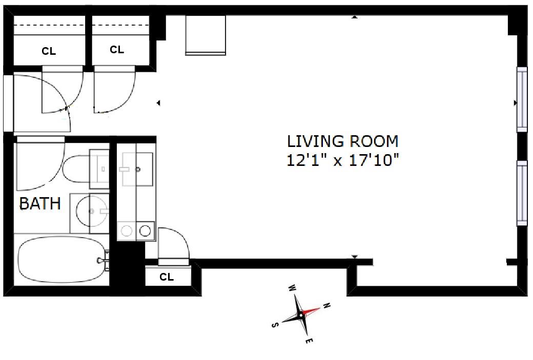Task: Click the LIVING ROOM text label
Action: pos(342,141)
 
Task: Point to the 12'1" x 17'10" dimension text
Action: pos(342,160)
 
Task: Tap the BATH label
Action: pos(40,204)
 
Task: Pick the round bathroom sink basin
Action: pos(92,211)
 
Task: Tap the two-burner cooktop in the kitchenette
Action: pos(136,230)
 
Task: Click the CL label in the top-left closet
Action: pos(49,51)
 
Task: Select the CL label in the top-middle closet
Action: pos(117,50)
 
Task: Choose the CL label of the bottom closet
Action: pos(167,277)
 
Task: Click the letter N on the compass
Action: pos(326,307)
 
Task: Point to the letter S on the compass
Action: pos(275,325)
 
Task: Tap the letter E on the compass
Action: pos(309,341)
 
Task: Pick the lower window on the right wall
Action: pos(521,193)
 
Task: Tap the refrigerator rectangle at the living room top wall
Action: pos(206,34)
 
